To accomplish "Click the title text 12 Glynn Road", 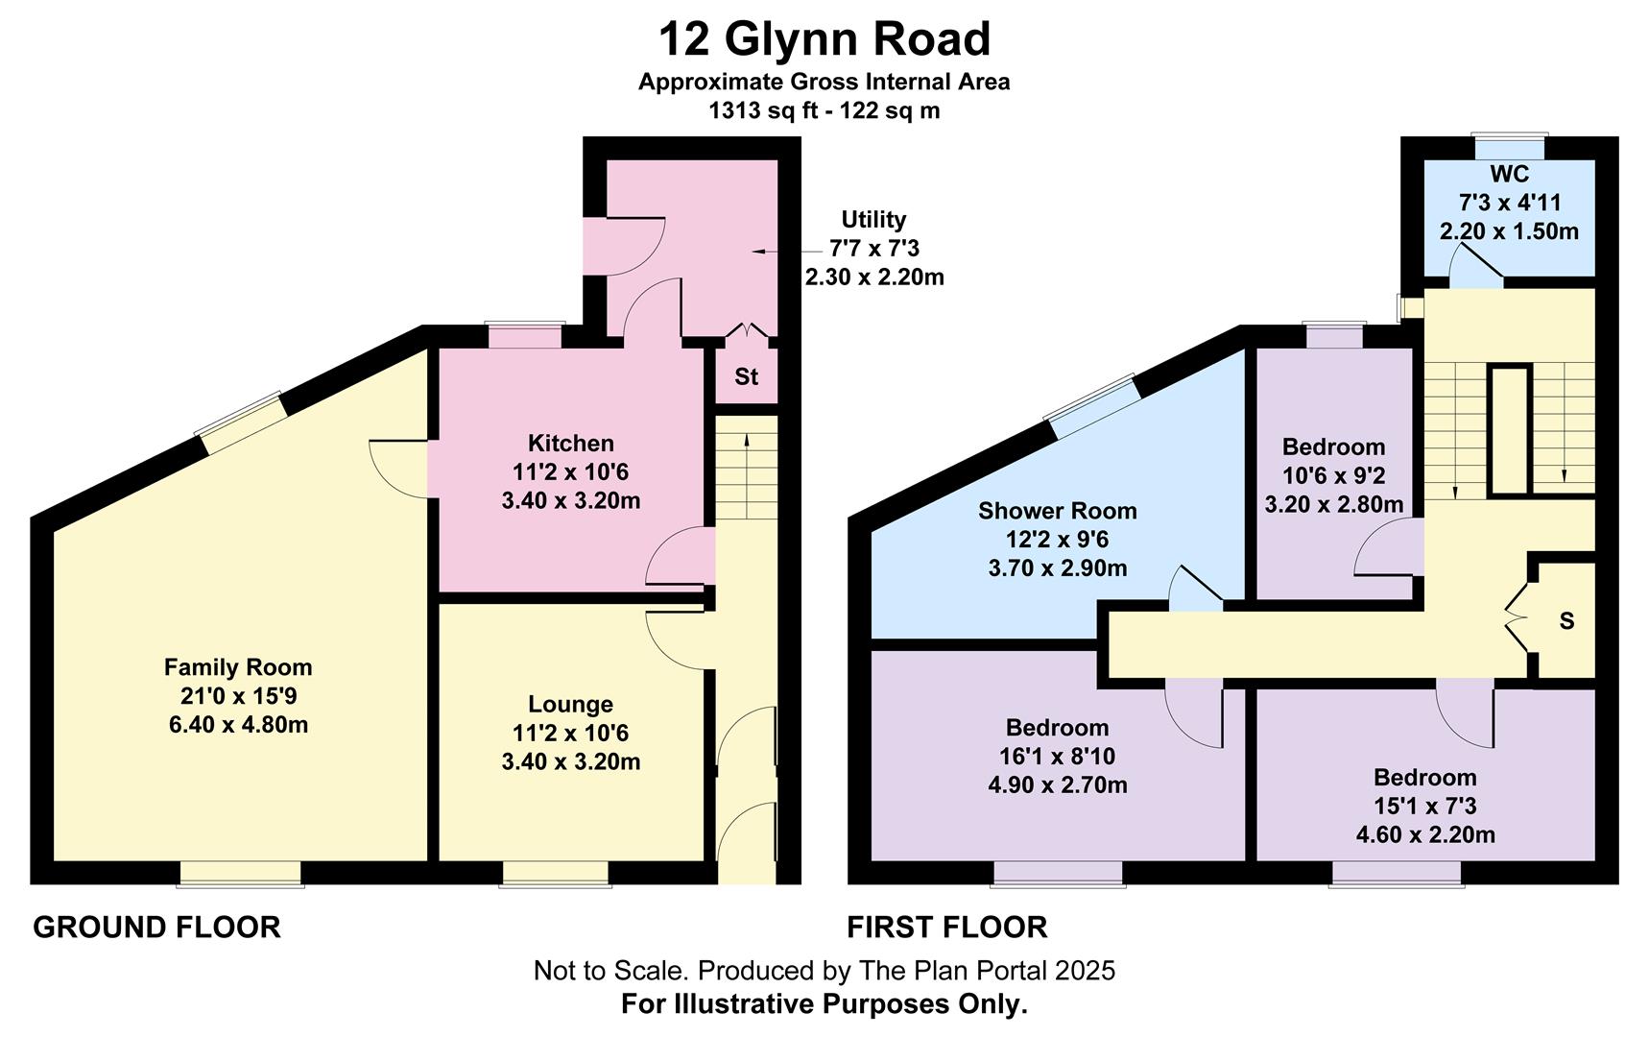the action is pos(824,40).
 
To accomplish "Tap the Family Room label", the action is pos(238,667).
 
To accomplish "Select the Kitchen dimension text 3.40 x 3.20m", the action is pos(571,500).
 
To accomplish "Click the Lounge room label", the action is pos(570,705).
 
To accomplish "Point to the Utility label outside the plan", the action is pos(873,219).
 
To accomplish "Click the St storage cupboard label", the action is pos(747,376).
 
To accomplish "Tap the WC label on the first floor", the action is pos(1510,174).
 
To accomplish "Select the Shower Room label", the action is pos(1058,511).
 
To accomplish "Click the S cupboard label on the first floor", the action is pos(1566,621).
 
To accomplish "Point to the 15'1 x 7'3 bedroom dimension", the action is pos(1425,807).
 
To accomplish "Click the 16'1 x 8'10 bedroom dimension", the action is pos(1058,757).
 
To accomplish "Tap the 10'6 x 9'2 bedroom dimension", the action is pos(1334,475).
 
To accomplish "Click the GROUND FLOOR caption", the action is pos(156,928).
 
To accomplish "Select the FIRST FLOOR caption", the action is pos(947,928).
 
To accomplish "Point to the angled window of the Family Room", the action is pos(241,422).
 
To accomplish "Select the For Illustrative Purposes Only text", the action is pos(824,1004).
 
